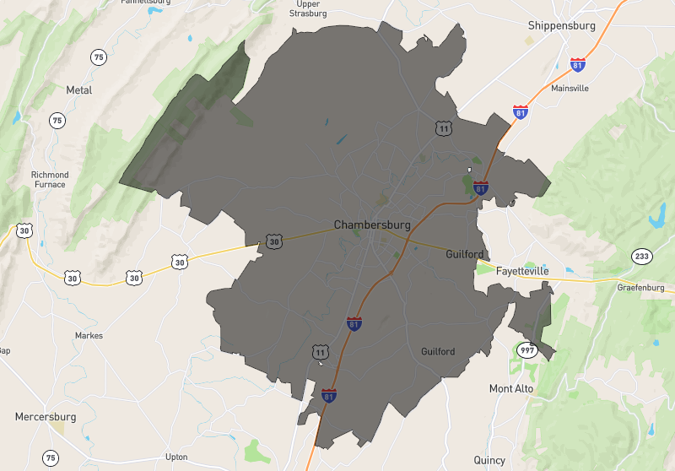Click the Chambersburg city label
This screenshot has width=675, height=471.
pos(372,225)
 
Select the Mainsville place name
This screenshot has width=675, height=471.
pos(570,88)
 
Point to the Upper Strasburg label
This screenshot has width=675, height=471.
pos(307,8)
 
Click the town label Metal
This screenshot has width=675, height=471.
pos(78,89)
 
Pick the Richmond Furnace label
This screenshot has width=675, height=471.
pos(50,181)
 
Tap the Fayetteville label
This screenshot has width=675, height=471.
pos(521,271)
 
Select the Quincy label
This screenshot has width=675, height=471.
pos(489,460)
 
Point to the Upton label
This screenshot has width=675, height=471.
pos(176,457)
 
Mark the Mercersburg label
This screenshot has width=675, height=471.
pos(46,417)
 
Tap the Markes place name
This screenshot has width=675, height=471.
pos(89,335)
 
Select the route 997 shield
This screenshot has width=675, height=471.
pos(528,350)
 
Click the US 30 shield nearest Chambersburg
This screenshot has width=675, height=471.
pos(273,242)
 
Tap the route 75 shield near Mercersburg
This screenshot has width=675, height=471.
pos(52,458)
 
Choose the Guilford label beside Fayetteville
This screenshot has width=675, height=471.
pos(465,254)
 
